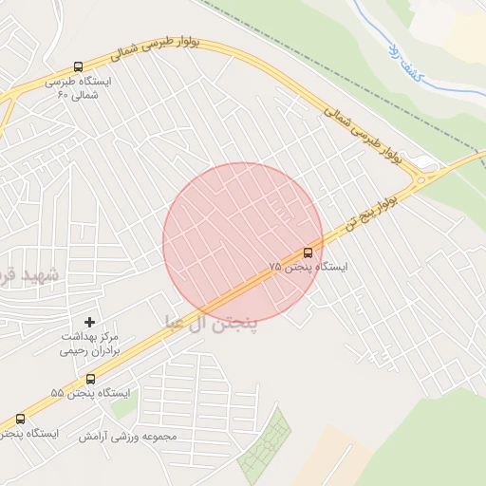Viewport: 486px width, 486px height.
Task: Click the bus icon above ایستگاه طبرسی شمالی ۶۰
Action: point(78,66)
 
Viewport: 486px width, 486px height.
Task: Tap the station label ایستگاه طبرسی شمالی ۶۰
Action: point(78,88)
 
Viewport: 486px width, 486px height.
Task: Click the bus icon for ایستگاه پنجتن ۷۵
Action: point(308,252)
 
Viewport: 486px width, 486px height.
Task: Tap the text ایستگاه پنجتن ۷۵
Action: point(308,268)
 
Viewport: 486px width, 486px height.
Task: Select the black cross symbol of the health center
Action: point(90,323)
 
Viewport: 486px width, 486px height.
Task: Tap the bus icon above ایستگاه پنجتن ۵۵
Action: point(90,379)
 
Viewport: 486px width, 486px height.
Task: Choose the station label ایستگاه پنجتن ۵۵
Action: point(90,393)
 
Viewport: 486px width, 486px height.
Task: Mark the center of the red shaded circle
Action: point(242,243)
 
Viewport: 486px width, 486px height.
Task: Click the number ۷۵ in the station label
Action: point(275,269)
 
